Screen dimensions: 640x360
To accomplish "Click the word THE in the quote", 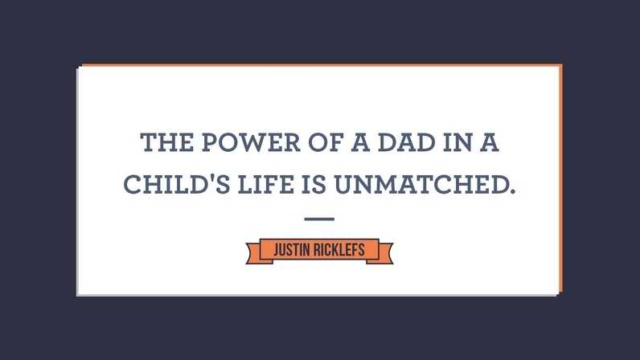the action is coord(167,142).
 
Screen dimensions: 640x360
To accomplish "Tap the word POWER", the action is coord(251,142).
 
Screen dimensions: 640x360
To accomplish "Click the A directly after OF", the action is coord(360,142).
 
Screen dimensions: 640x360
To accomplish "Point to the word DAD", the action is coord(407,142).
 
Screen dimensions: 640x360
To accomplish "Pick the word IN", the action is coord(457,142).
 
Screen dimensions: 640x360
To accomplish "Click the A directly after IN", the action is coord(489,142).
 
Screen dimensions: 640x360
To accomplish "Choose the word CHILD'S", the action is coord(177,184).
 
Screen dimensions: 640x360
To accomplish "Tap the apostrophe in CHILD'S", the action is coord(211,178).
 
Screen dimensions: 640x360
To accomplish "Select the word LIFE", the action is coord(265,184).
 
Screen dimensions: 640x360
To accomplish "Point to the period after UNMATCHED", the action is coord(513,191).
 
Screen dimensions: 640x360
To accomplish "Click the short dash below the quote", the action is coord(319,219).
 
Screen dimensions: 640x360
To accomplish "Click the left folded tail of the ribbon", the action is coord(254,253).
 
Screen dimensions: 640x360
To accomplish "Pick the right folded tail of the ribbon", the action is coord(384,253).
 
